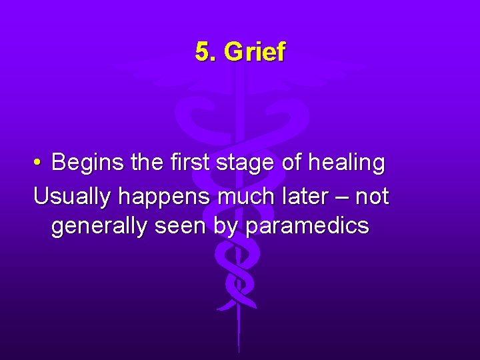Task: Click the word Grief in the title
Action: point(255,52)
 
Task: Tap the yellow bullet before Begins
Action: point(38,163)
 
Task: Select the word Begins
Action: point(83,163)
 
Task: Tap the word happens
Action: point(157,197)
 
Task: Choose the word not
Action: point(372,196)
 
